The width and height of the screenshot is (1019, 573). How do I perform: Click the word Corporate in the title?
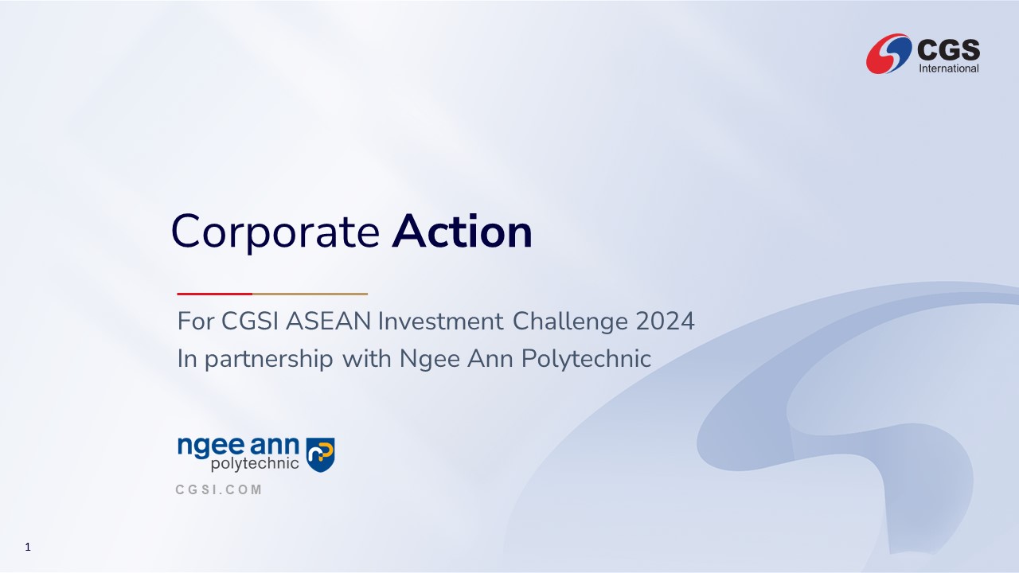pyautogui.click(x=275, y=232)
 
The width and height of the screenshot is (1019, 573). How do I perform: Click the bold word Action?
pyautogui.click(x=463, y=231)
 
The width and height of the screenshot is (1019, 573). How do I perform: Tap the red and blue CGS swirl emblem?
pyautogui.click(x=889, y=53)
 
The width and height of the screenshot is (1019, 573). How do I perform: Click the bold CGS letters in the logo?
pyautogui.click(x=948, y=49)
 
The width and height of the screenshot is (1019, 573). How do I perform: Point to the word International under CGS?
pyautogui.click(x=949, y=68)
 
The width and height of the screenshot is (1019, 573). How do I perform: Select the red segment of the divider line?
pyautogui.click(x=215, y=294)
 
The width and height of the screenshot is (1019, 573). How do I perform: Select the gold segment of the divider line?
pyautogui.click(x=310, y=294)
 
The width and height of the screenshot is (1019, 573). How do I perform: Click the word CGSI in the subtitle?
pyautogui.click(x=250, y=321)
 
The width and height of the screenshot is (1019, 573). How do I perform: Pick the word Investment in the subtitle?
pyautogui.click(x=441, y=321)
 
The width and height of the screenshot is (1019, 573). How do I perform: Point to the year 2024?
pyautogui.click(x=665, y=321)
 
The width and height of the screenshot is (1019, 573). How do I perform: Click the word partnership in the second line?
pyautogui.click(x=269, y=359)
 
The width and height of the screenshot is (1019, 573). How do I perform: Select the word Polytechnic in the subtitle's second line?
pyautogui.click(x=587, y=359)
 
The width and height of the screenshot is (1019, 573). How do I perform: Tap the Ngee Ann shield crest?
pyautogui.click(x=320, y=454)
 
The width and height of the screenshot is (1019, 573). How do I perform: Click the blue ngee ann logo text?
pyautogui.click(x=238, y=446)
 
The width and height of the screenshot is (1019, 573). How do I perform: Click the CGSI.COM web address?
pyautogui.click(x=219, y=489)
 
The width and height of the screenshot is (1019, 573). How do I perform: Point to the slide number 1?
pyautogui.click(x=28, y=547)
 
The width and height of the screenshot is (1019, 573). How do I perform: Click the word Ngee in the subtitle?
pyautogui.click(x=430, y=359)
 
